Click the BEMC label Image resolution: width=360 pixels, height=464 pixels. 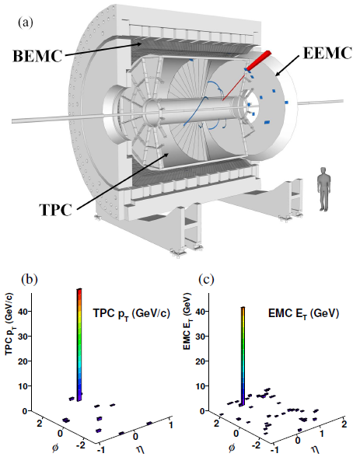(37, 56)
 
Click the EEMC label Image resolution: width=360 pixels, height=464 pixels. (327, 54)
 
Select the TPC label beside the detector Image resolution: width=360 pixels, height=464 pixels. (56, 210)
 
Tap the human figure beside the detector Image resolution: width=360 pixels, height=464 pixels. (324, 189)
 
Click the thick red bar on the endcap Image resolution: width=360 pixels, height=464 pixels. (258, 61)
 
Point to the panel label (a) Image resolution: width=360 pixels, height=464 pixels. (26, 23)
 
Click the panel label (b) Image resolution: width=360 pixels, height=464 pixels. (30, 279)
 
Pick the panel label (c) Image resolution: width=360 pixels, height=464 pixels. (206, 279)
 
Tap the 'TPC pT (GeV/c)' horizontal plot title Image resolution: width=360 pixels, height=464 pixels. (131, 314)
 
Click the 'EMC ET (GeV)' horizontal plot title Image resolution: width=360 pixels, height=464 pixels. (303, 314)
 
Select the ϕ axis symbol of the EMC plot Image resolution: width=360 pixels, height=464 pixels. (232, 447)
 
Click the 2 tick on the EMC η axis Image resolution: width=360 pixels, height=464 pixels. (344, 424)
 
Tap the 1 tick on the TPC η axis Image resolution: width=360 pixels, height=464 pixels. (170, 425)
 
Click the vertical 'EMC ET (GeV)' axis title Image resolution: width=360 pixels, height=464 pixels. (187, 321)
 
